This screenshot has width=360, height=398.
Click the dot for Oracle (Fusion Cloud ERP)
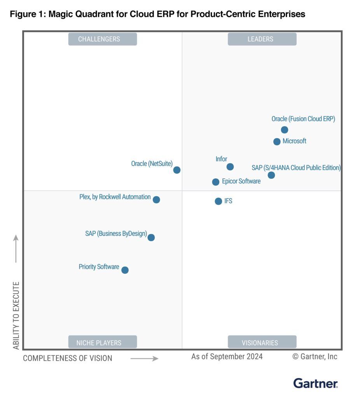(x=284, y=130)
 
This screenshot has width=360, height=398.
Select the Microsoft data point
(x=277, y=141)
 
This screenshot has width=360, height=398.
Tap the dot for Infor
(x=230, y=167)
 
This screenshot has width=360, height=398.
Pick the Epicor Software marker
(x=216, y=182)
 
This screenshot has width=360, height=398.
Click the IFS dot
(x=218, y=201)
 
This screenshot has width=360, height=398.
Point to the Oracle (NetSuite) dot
(x=177, y=170)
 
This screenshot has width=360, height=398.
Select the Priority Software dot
(x=125, y=270)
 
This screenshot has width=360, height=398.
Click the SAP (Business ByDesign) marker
(x=151, y=237)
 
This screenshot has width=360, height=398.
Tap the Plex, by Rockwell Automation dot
(x=156, y=200)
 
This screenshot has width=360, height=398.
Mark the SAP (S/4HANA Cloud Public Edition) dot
(x=271, y=175)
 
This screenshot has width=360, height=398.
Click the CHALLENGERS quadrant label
(x=103, y=39)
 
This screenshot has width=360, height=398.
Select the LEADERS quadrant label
(x=262, y=39)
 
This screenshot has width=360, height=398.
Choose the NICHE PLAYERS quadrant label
(x=103, y=342)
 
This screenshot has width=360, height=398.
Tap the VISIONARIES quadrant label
(x=262, y=342)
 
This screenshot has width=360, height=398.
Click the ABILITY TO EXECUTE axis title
(x=16, y=316)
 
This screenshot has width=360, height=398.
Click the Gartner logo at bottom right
(x=315, y=383)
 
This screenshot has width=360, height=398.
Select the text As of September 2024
(x=227, y=356)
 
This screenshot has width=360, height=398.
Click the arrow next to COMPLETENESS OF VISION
(x=144, y=358)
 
